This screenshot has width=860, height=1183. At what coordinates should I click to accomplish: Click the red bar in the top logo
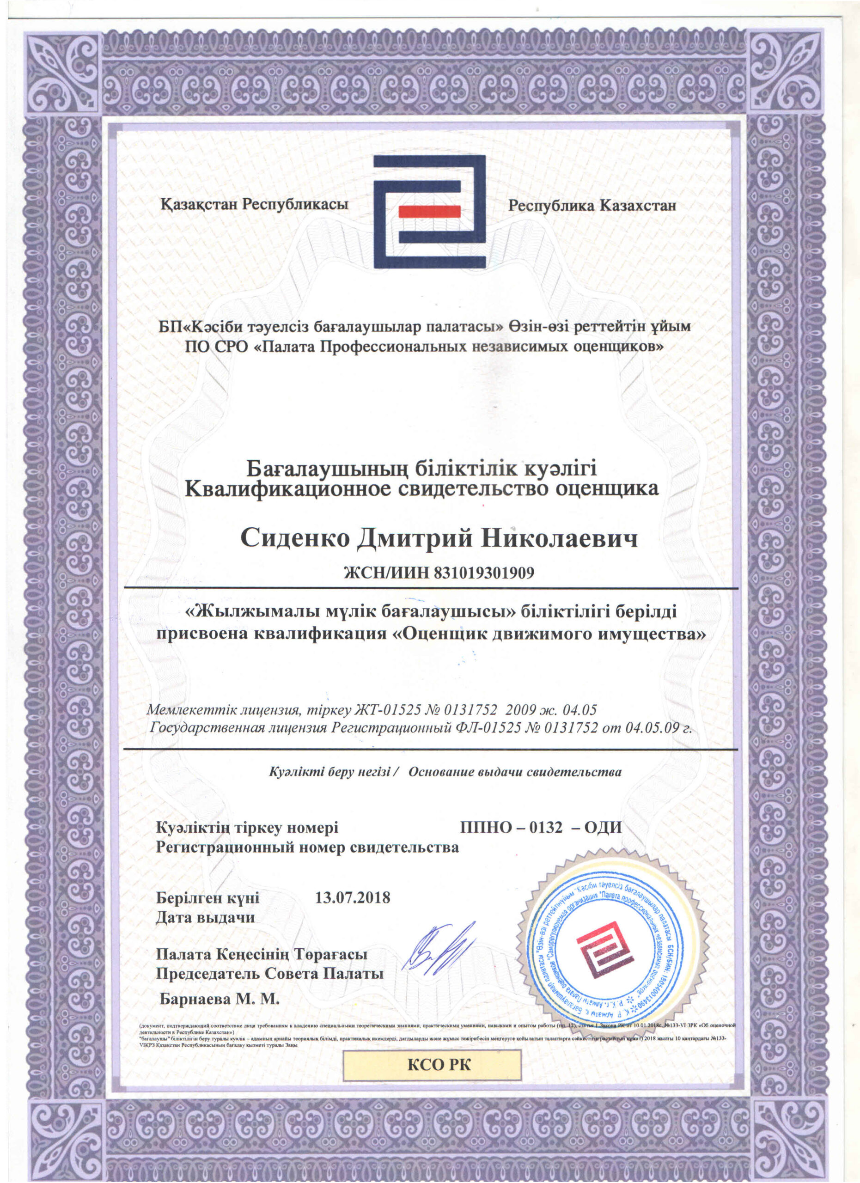coord(429,211)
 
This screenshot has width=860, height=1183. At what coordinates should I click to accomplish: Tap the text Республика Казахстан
coord(592,206)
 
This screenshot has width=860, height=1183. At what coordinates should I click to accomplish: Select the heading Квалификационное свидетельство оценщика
coord(422,489)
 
